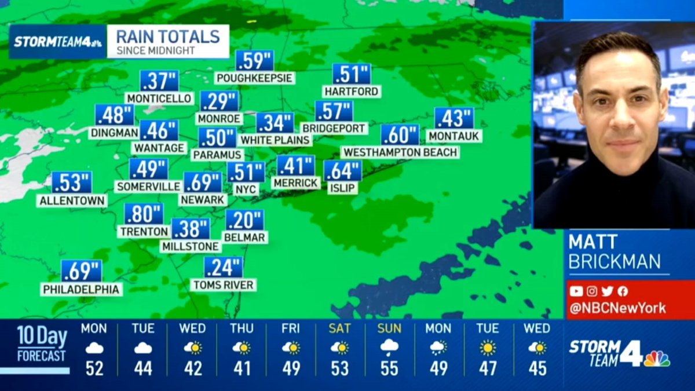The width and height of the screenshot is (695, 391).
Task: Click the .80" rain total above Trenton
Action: (x=144, y=214)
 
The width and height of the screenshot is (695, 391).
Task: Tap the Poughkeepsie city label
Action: (x=255, y=78)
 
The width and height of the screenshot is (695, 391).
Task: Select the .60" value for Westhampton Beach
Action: (x=400, y=134)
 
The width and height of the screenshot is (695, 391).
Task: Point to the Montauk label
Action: (x=454, y=136)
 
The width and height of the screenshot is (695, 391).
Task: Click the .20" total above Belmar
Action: (x=244, y=220)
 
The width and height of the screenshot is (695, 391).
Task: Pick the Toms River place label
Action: (x=224, y=284)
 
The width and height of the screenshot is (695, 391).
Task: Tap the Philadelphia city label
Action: (x=81, y=288)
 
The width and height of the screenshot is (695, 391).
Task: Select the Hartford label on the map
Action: (x=352, y=91)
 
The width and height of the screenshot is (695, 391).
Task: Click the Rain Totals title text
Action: (x=168, y=36)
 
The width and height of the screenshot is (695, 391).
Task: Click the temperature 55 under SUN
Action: (x=389, y=368)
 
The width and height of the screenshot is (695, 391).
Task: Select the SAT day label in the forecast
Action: (x=339, y=328)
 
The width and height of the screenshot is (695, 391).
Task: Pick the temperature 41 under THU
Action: (x=241, y=368)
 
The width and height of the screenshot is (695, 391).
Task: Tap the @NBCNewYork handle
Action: (x=617, y=308)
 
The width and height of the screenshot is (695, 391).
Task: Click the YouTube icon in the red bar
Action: (x=576, y=291)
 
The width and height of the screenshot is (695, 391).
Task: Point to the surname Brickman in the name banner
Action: (x=614, y=261)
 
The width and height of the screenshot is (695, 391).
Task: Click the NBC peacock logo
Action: (x=657, y=359)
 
